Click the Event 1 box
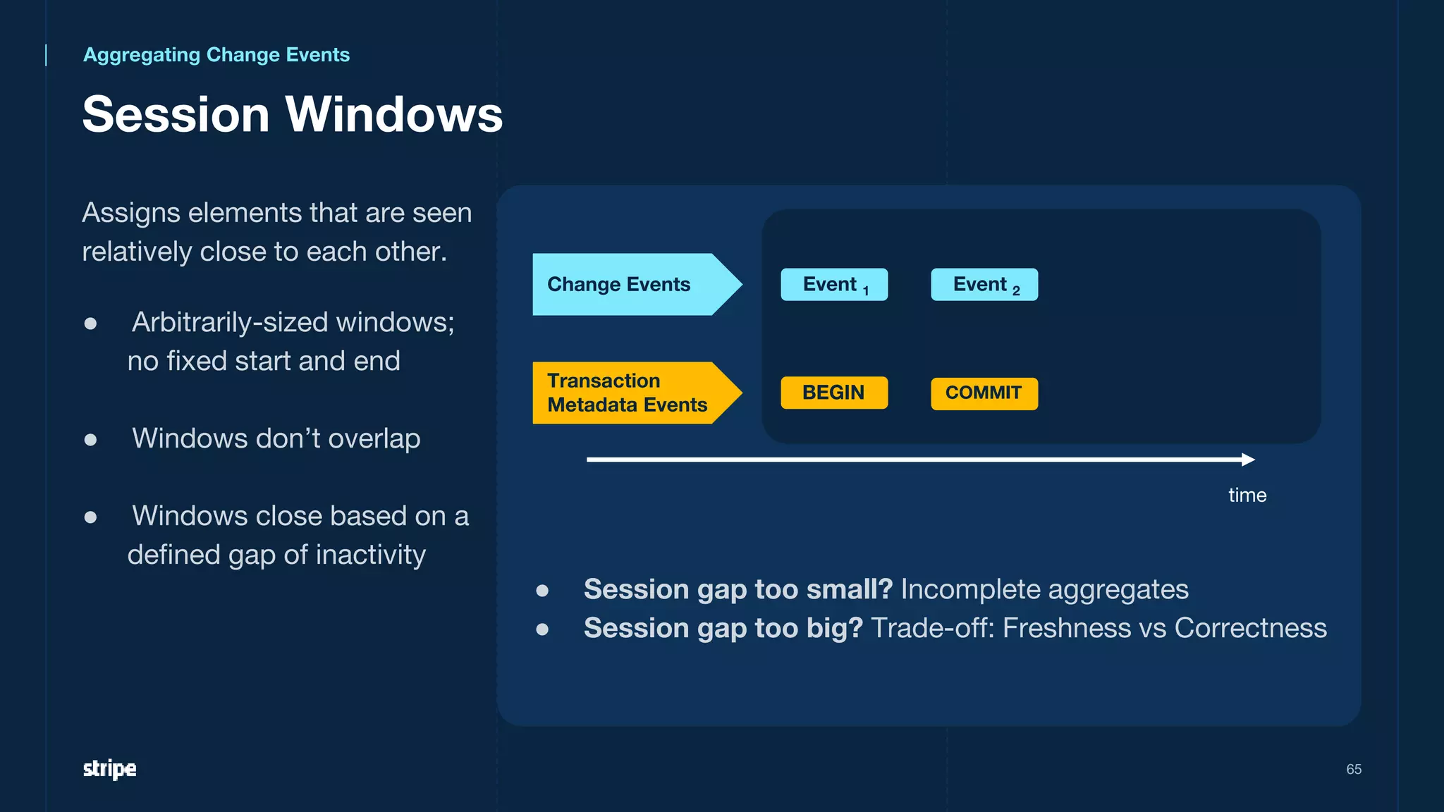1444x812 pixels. pos(834,285)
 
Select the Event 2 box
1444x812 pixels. pos(984,285)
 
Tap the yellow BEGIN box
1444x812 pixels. pos(834,393)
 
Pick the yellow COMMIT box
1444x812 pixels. pos(984,393)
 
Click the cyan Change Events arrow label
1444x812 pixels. pos(620,285)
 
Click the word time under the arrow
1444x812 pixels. pos(1247,496)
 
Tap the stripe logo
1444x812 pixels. pos(110,769)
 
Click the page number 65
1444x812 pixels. pos(1354,770)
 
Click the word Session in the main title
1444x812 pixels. pos(176,114)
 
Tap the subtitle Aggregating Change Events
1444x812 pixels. pos(216,55)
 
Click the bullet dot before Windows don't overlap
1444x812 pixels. pos(90,440)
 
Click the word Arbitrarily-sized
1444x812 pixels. pos(230,323)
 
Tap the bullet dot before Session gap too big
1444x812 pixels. pos(542,629)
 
